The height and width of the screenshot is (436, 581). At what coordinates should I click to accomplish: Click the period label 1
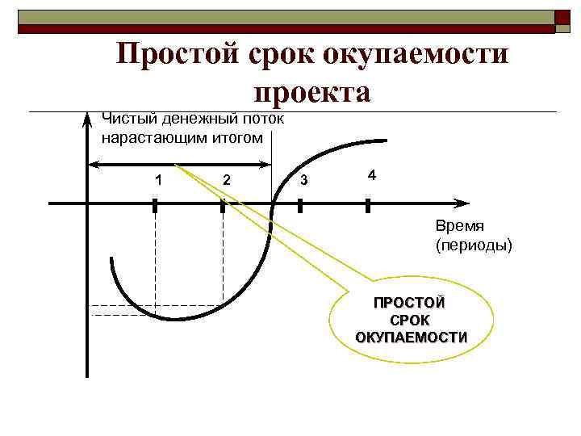pos(159,179)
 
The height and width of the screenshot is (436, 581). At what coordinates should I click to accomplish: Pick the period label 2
pos(227,179)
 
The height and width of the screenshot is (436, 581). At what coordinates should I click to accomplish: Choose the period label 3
pos(303,179)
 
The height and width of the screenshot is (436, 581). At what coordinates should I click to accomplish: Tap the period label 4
pos(371,174)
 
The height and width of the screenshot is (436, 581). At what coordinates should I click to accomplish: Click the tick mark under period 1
pos(155,206)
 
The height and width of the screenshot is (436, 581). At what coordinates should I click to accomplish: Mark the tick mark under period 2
pos(222,206)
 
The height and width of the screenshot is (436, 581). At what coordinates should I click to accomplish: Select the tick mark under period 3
pos(299,206)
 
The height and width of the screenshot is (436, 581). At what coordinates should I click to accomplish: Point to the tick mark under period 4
pos(367,206)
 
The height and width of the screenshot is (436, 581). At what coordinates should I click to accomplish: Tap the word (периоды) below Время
pos(473,244)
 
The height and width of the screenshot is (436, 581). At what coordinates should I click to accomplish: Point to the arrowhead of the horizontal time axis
pos(462,202)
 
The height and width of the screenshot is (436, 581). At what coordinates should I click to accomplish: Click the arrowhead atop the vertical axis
pos(87,121)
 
